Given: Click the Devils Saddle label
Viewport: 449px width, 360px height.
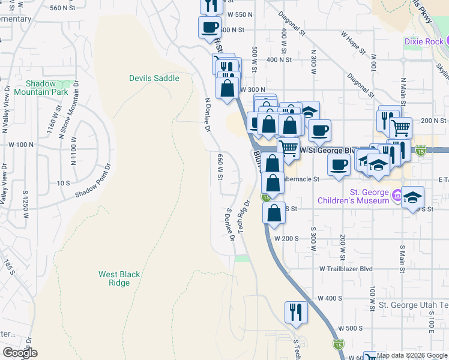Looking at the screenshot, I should (x=154, y=78).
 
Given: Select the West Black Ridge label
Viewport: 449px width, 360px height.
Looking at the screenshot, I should (x=119, y=278).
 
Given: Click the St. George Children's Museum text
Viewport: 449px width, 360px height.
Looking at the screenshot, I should (x=370, y=196).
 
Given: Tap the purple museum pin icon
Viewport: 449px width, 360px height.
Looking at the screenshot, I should (x=396, y=196).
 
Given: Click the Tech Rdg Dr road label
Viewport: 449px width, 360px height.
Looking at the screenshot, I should (x=243, y=217).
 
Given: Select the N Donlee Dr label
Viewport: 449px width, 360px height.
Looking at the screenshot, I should (x=208, y=115).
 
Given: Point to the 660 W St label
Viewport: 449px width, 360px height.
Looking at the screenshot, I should (x=220, y=166).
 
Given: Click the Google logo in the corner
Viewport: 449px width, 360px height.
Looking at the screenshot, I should (x=19, y=353).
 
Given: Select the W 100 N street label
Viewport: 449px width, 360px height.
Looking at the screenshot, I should (x=22, y=145).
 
